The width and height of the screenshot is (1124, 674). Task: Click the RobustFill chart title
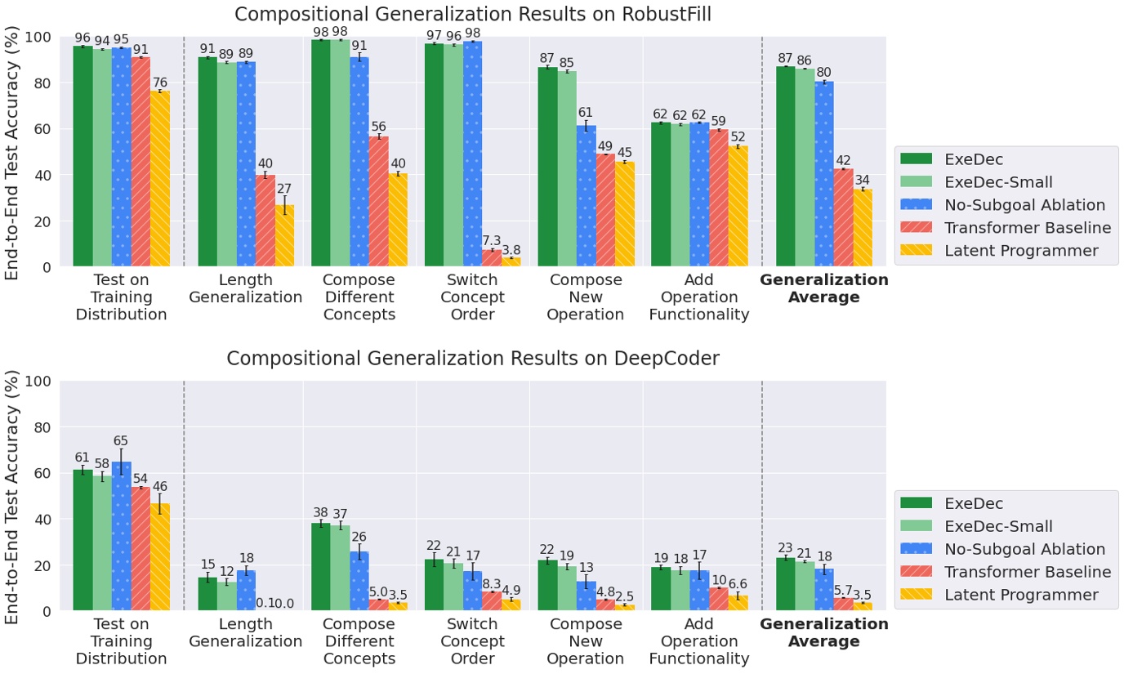(473, 14)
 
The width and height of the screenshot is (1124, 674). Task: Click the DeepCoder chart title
(473, 359)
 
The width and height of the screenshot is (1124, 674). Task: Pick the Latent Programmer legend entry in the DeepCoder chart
(1021, 595)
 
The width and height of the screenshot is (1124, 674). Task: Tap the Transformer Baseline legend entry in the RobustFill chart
(1028, 228)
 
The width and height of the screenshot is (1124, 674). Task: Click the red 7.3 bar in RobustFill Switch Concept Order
(492, 258)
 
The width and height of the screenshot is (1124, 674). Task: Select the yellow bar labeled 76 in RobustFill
(160, 179)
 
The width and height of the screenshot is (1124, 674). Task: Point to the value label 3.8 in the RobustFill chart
(511, 250)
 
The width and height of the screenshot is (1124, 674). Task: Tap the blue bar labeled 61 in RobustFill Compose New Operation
(586, 196)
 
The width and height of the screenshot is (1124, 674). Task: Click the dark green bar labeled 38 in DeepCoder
(321, 567)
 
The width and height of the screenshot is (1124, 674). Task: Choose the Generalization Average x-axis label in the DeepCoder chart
(823, 633)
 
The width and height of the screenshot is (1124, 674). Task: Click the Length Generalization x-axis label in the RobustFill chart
(245, 288)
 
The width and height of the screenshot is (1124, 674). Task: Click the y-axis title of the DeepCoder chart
(13, 497)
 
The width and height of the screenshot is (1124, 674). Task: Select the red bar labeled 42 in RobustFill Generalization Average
(843, 218)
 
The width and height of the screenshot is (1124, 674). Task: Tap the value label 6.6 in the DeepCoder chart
(738, 585)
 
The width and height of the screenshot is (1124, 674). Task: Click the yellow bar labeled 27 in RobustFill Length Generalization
(284, 236)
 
